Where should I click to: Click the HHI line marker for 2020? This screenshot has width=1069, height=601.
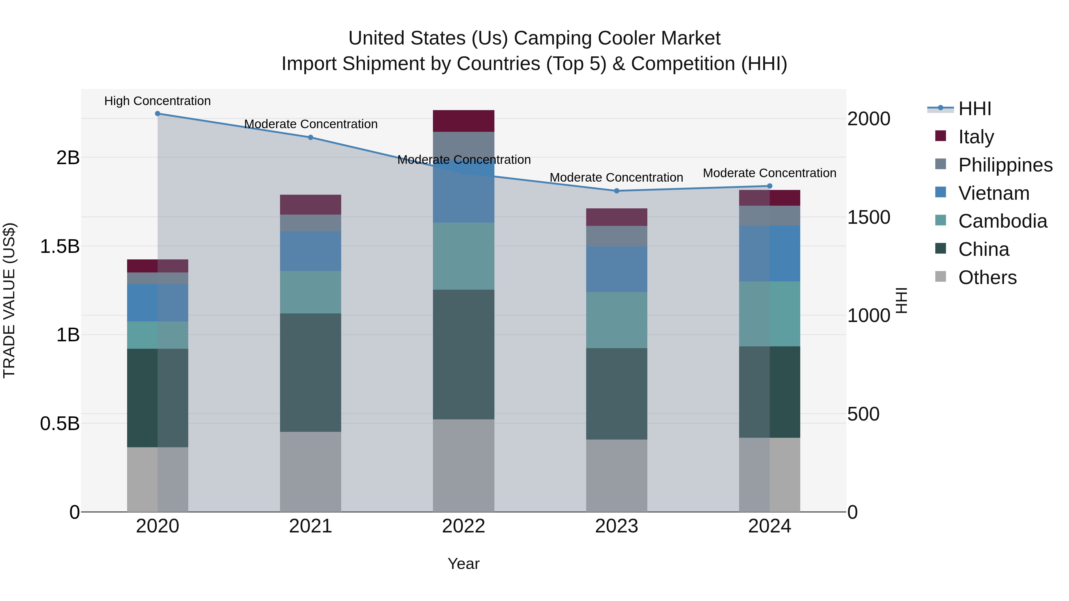[157, 114]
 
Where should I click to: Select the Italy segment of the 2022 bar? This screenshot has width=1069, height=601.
[464, 121]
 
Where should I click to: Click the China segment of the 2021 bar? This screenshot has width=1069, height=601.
[310, 372]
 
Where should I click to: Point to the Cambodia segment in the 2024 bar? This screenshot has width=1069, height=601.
[769, 314]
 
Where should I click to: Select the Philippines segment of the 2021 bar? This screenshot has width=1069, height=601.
[310, 223]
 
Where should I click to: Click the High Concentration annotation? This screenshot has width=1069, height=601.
[157, 101]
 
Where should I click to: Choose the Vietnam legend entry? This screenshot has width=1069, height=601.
[994, 193]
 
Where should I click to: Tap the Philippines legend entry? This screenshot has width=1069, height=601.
[1005, 165]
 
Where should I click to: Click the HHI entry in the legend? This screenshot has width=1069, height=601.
[974, 109]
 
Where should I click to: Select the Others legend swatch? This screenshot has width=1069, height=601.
[941, 277]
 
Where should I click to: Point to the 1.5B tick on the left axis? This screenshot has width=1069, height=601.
[59, 246]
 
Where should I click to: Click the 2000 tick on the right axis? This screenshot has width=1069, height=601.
[868, 119]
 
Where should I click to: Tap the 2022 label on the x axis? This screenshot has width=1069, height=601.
[464, 526]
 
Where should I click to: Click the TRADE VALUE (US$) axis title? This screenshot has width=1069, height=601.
[9, 300]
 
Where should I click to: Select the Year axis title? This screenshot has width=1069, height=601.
[464, 564]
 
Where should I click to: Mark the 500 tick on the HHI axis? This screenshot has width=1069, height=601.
[863, 414]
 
